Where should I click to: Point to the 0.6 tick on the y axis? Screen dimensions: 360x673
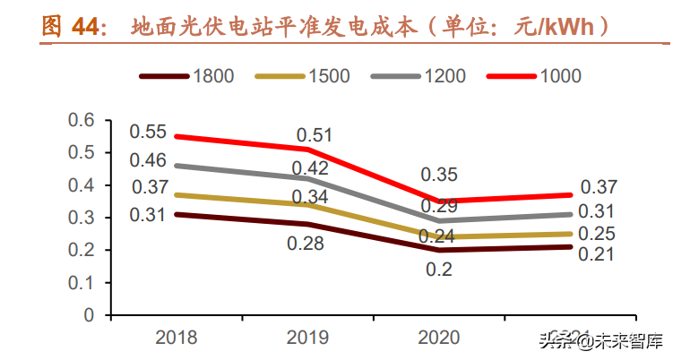coord(82,120)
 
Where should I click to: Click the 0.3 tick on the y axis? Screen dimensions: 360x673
coord(82,218)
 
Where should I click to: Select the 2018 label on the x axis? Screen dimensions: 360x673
coord(177,337)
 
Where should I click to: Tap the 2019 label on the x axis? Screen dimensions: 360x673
coord(307,337)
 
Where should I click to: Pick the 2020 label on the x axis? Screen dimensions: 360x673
coord(438,337)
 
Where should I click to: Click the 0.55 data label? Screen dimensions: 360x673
coord(148,132)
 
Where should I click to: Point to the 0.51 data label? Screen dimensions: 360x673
coord(315,135)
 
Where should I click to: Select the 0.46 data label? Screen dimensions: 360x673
coord(148,161)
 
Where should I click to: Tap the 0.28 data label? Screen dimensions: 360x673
coord(306,243)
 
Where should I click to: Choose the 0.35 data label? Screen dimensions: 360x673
coord(439,175)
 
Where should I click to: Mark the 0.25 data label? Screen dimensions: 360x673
coord(597,234)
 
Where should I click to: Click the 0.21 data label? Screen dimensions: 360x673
coord(597,255)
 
